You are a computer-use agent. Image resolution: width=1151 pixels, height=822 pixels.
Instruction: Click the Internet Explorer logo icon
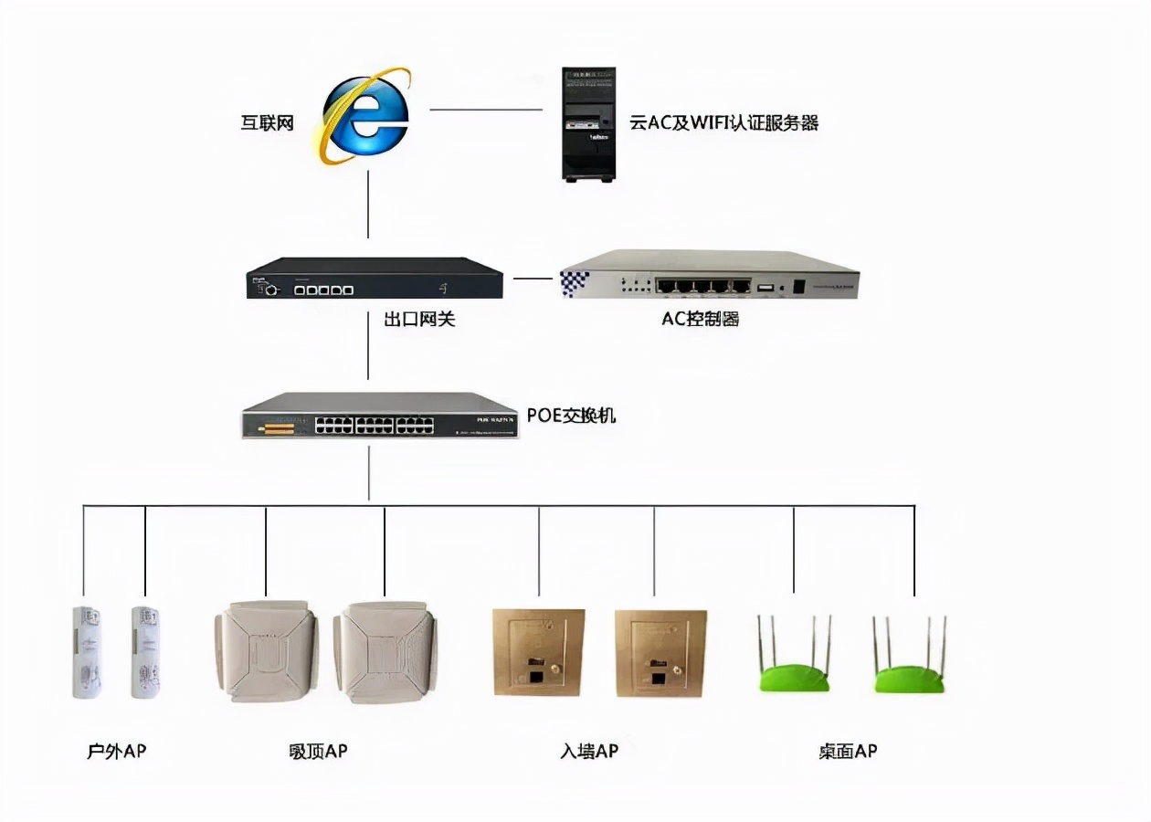click(364, 116)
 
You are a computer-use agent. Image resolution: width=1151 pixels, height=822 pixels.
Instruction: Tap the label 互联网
click(267, 122)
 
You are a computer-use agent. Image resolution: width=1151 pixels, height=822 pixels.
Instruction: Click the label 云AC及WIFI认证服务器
click(723, 122)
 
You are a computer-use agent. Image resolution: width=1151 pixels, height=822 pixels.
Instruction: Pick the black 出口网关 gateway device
click(375, 279)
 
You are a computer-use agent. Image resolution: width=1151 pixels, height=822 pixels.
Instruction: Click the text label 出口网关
click(418, 319)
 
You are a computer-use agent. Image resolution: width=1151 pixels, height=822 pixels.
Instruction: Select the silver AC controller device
click(709, 275)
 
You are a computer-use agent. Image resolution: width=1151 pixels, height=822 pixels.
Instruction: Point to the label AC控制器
click(701, 319)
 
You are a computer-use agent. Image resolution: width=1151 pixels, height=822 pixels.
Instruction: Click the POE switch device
click(380, 416)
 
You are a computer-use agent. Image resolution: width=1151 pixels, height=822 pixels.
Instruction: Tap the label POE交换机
click(572, 416)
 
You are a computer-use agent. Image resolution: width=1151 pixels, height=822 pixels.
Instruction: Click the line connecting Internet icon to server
click(486, 110)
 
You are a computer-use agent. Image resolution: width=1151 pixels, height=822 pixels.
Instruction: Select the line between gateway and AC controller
click(533, 277)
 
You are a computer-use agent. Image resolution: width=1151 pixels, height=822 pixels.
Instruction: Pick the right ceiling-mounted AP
click(385, 652)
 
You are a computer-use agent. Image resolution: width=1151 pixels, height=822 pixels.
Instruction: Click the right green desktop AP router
click(910, 658)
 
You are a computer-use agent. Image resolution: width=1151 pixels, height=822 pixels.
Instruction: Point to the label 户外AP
click(116, 752)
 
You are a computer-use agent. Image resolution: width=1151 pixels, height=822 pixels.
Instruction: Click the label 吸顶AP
click(317, 752)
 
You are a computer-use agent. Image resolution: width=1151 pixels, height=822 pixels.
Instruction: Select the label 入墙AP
click(589, 752)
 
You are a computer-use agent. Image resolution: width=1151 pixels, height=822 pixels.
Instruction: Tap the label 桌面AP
click(848, 752)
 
